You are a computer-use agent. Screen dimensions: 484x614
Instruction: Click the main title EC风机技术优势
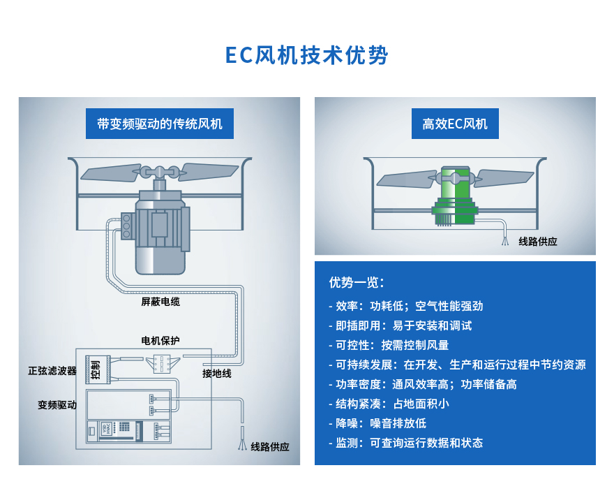click(x=307, y=56)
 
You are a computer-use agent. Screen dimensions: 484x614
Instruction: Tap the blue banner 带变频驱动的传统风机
click(x=160, y=124)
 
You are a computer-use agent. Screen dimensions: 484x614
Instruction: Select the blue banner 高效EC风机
click(x=455, y=124)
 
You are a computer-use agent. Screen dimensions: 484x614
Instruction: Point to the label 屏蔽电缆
click(x=160, y=302)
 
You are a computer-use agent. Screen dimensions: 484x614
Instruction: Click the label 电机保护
click(x=160, y=340)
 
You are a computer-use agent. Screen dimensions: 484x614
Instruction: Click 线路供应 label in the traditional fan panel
click(x=270, y=447)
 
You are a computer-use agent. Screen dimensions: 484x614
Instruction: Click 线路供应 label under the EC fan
click(x=538, y=242)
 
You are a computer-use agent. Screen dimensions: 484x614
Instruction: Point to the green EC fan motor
click(x=454, y=199)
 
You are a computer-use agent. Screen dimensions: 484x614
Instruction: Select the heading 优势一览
click(x=357, y=283)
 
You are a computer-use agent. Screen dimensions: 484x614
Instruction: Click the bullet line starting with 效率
click(x=406, y=306)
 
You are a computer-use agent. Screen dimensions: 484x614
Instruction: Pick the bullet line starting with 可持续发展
click(x=457, y=365)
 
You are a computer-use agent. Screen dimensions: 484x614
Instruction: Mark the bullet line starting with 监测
click(x=406, y=443)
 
